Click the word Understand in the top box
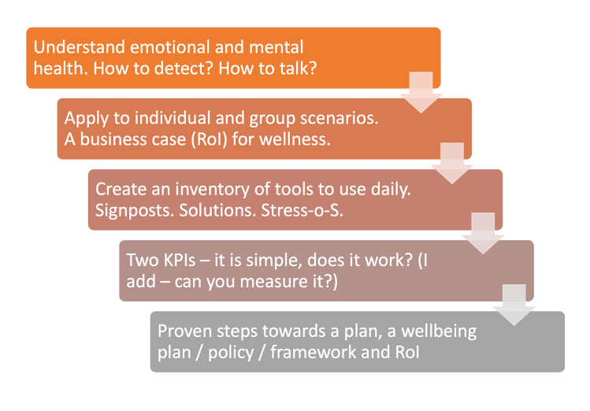[x=80, y=47]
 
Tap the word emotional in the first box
[x=169, y=47]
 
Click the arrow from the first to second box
[x=421, y=92]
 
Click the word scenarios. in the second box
[x=339, y=118]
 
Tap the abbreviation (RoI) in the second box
[x=210, y=139]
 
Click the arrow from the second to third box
[x=452, y=163]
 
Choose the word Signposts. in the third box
[x=135, y=210]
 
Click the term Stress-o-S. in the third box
[x=302, y=210]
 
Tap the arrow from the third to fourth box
[x=483, y=234]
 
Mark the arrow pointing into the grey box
[x=514, y=305]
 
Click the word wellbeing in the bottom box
[x=439, y=331]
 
